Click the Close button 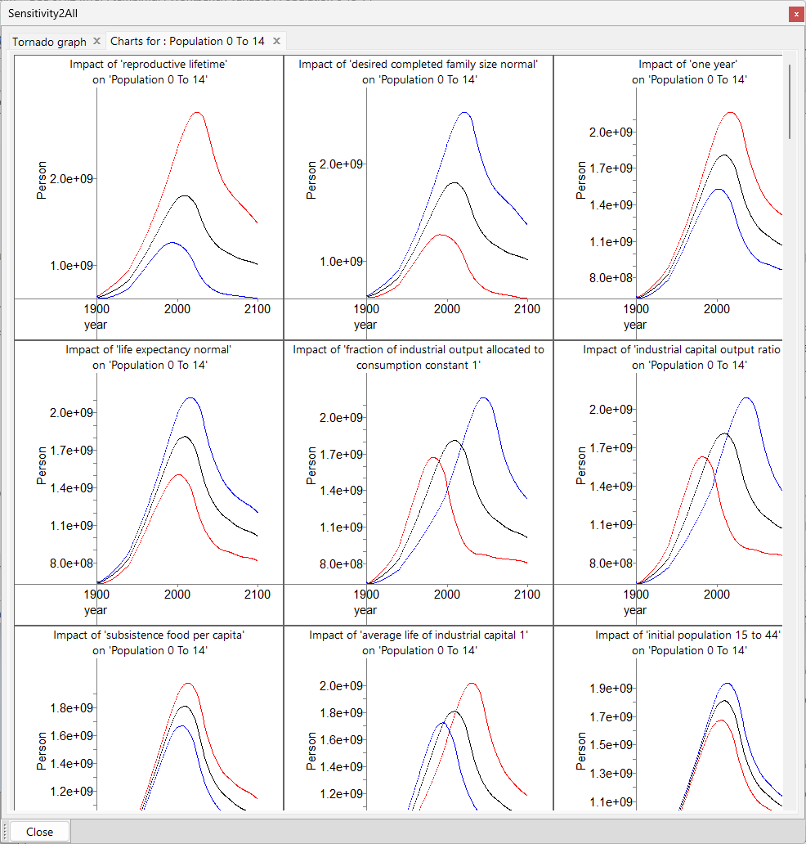(x=39, y=832)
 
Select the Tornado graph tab (x=49, y=41)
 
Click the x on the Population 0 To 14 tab (x=277, y=41)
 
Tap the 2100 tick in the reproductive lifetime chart (x=257, y=308)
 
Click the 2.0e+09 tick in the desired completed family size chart (x=342, y=164)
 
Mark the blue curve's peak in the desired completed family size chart (x=464, y=113)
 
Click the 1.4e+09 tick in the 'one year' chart (x=611, y=204)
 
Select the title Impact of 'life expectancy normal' (x=149, y=350)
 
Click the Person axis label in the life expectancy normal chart (x=41, y=466)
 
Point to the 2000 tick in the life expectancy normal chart (x=177, y=594)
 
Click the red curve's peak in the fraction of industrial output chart (x=433, y=458)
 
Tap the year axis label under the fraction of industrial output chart (x=365, y=610)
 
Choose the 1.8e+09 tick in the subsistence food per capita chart (x=72, y=707)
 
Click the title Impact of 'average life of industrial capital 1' (x=419, y=635)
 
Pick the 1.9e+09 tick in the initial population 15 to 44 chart (x=611, y=689)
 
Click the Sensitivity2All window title (x=43, y=14)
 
